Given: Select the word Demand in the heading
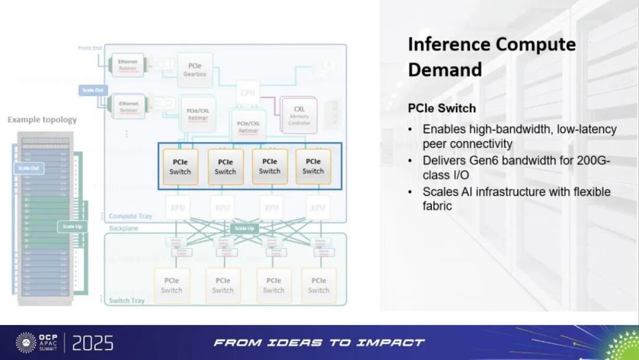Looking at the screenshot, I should click(x=445, y=70).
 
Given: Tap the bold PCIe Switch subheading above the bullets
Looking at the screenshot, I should click(x=442, y=109).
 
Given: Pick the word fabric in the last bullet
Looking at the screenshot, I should click(x=437, y=206).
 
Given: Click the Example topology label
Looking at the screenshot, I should click(x=42, y=120).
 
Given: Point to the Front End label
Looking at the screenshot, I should click(x=89, y=48).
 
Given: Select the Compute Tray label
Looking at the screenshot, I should click(x=130, y=216).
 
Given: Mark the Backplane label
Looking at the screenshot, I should click(x=123, y=228).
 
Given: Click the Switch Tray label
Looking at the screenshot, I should click(x=127, y=301).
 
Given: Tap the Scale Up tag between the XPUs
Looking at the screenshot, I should click(x=244, y=228).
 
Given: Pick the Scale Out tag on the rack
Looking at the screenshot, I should click(x=28, y=168).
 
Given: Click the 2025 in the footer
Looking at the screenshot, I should click(x=93, y=343).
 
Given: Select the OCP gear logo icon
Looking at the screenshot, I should click(x=26, y=342).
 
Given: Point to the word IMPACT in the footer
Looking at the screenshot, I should click(x=395, y=343).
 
